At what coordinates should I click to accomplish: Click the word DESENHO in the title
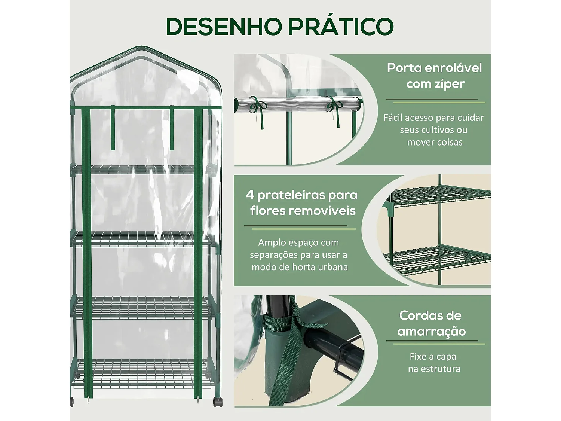224,26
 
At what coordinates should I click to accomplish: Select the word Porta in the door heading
404,68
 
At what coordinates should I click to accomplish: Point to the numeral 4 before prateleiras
250,195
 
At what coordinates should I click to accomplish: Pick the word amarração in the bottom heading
432,332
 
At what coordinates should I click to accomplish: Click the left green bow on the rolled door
257,106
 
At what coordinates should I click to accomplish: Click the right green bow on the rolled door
334,106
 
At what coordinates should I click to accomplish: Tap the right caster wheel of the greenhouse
217,402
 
